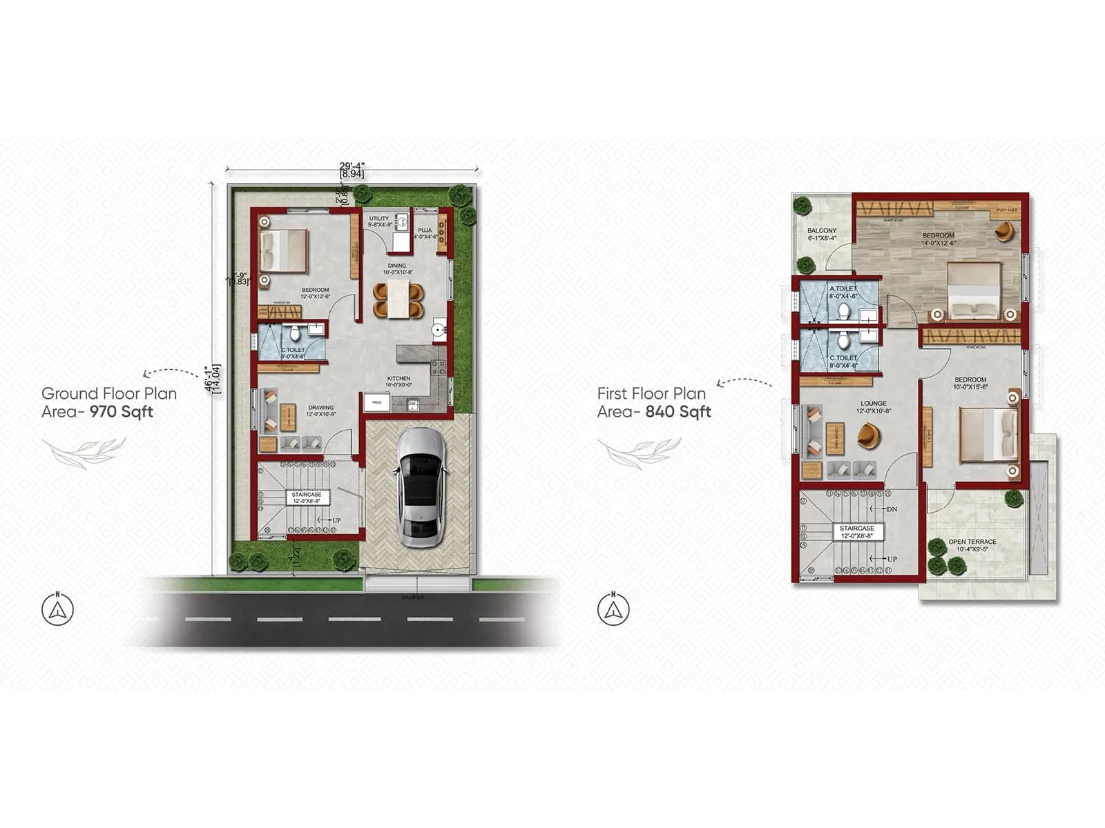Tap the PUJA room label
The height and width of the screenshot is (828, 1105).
tap(425, 230)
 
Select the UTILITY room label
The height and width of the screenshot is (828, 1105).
tap(379, 219)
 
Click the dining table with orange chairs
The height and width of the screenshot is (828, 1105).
tap(398, 299)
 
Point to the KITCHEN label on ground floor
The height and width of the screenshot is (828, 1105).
tap(398, 379)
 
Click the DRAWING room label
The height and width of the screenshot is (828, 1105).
tap(320, 408)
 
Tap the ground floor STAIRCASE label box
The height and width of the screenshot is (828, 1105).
tap(306, 497)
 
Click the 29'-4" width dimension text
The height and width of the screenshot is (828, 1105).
tap(352, 166)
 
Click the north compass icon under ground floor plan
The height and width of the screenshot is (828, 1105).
tap(57, 609)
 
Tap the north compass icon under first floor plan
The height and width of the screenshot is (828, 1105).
tap(613, 609)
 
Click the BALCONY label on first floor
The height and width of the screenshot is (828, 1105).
tap(822, 231)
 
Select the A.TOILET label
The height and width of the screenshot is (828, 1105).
tap(843, 289)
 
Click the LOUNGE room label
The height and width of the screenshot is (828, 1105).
tap(874, 404)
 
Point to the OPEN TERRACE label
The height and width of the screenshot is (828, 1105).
tap(972, 542)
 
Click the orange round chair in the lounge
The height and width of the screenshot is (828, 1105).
tap(869, 435)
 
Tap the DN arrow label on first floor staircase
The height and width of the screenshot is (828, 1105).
tap(892, 509)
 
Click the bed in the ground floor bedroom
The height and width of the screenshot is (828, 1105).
tap(283, 250)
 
